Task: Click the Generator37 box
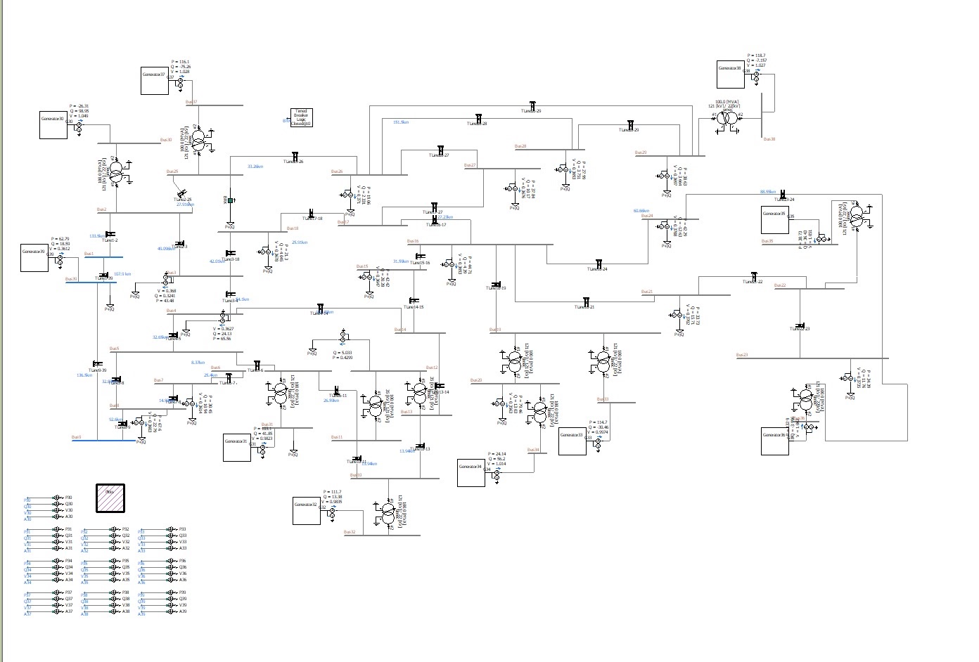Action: click(x=154, y=82)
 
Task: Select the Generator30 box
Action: click(x=53, y=125)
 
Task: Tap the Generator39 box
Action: click(x=34, y=258)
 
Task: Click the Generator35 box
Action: click(x=774, y=220)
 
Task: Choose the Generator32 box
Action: click(x=307, y=511)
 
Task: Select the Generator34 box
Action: click(x=471, y=473)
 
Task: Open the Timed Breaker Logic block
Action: click(x=301, y=118)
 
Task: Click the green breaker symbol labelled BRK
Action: click(x=230, y=201)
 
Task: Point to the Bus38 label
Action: click(x=769, y=139)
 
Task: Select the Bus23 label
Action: click(x=741, y=355)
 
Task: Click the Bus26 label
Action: click(x=337, y=171)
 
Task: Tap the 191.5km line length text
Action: click(x=401, y=122)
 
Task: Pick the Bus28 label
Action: click(x=520, y=146)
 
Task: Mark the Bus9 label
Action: click(x=76, y=437)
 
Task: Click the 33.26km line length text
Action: click(x=255, y=167)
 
